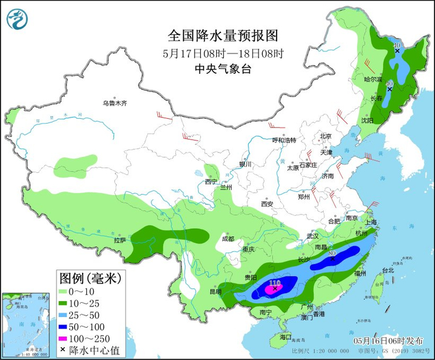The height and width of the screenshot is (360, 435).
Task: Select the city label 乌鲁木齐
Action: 115,103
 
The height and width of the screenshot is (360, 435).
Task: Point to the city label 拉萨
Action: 119,239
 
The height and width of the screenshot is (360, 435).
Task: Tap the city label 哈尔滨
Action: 372,80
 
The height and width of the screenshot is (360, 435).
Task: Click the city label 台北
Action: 387,270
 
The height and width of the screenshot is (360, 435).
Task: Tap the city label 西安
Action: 267,203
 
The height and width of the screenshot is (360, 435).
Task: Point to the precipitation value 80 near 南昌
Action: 332,254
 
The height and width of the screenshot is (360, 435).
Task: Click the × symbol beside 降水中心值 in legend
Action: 63,351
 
